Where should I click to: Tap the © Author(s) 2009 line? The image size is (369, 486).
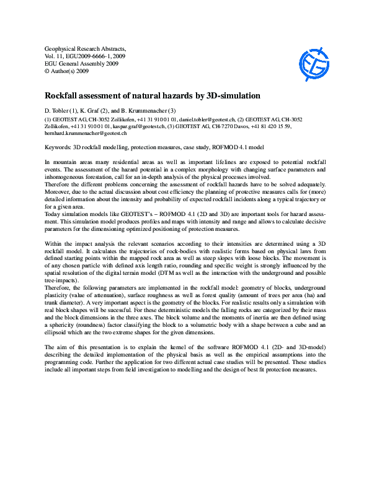pyautogui.click(x=67, y=71)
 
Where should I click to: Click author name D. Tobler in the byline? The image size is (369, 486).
pyautogui.click(x=59, y=110)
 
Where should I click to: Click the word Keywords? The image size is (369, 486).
pyautogui.click(x=58, y=149)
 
